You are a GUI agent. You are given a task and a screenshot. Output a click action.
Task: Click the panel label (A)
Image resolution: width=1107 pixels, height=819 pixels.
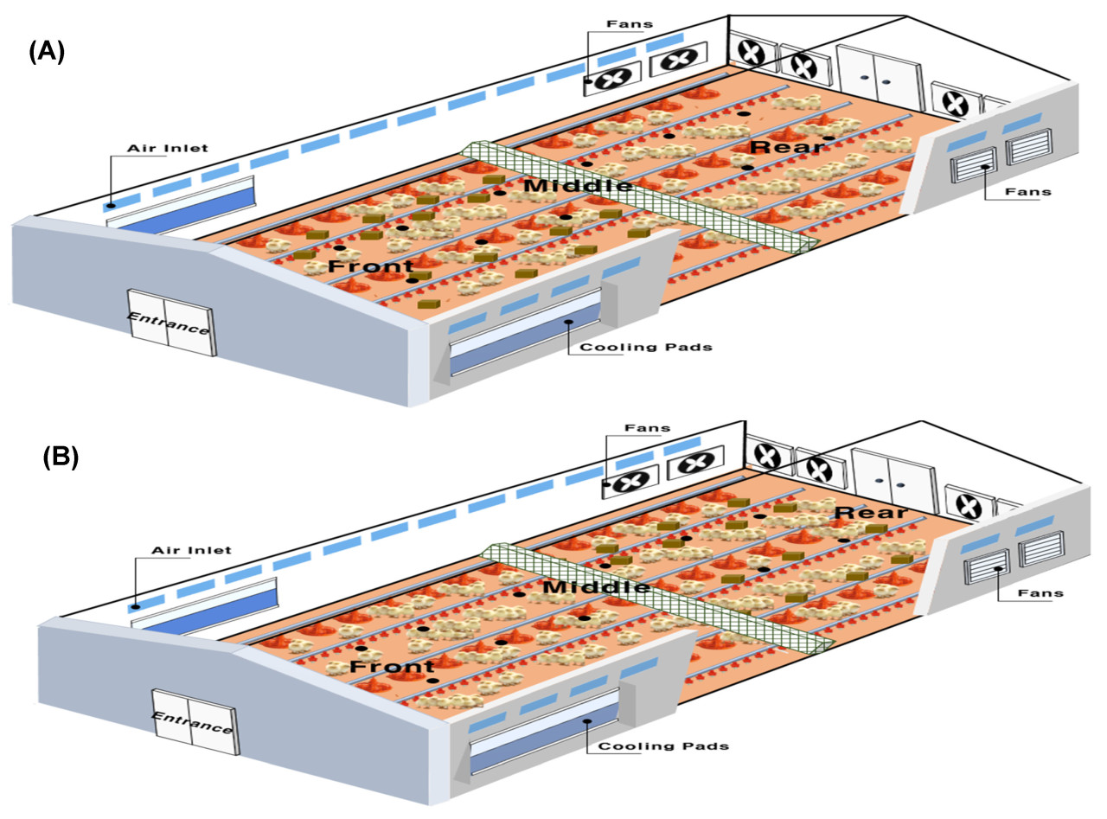[x=47, y=51]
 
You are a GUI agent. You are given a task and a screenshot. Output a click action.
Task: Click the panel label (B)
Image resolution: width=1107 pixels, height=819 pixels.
[x=61, y=456]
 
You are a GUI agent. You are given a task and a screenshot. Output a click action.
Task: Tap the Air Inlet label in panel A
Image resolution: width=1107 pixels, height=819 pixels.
[x=168, y=148]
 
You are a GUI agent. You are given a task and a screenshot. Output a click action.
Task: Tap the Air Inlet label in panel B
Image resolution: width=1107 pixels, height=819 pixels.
[x=191, y=550]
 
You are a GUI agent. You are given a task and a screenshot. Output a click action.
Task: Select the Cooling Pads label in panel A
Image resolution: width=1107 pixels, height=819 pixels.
[x=646, y=348]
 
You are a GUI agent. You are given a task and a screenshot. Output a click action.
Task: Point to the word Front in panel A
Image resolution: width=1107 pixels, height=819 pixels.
[x=370, y=266]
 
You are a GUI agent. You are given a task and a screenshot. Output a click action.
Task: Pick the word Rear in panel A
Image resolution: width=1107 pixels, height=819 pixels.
[x=786, y=146]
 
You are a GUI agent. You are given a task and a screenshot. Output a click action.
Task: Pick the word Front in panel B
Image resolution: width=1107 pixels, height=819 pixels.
[x=392, y=667]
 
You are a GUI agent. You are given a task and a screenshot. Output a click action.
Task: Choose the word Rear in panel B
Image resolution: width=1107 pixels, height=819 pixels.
[x=871, y=512]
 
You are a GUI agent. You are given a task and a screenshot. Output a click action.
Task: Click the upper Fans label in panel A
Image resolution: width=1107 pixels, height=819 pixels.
[x=637, y=24]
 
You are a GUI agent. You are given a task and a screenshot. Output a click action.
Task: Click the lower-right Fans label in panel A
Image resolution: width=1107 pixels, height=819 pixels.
[x=1028, y=191]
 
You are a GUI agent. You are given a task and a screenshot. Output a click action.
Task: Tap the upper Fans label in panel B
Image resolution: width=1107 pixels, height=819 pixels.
[x=647, y=428]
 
